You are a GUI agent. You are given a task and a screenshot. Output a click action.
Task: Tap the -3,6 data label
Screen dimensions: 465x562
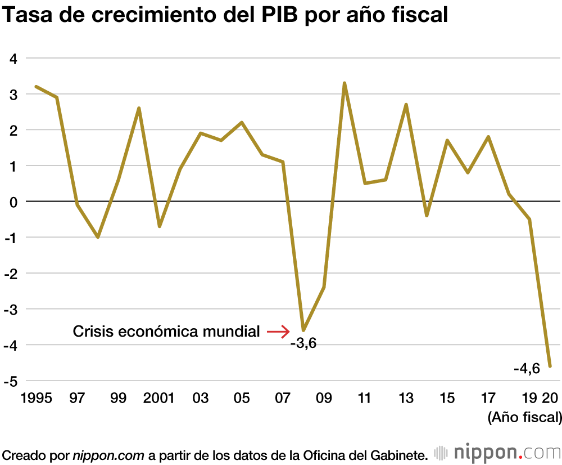(x=303, y=343)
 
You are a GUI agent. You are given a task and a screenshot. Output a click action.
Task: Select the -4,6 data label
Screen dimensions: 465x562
(x=527, y=369)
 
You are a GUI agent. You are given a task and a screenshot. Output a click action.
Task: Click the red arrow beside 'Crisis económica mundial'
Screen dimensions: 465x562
(x=278, y=332)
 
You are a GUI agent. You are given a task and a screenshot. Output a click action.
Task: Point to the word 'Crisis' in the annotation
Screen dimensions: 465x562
(x=92, y=332)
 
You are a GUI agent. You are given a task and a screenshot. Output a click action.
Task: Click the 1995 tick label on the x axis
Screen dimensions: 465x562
(x=35, y=399)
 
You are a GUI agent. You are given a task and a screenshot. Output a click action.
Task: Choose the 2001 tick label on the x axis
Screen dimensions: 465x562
(x=158, y=399)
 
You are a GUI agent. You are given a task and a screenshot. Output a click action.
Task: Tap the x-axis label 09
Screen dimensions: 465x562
(x=324, y=399)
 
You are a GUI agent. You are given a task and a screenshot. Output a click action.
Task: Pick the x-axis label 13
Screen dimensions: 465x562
(x=406, y=399)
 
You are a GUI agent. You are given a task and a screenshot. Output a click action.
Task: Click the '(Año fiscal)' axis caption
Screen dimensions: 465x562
(x=524, y=417)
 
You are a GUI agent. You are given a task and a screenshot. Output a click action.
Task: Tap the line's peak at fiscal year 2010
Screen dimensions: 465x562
(x=345, y=83)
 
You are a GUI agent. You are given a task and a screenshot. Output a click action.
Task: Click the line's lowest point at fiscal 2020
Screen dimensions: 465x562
(x=550, y=366)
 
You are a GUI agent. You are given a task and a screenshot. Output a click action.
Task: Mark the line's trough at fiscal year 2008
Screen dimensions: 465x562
(x=303, y=330)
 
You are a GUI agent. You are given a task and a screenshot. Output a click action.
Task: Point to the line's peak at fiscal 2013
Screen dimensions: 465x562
(x=406, y=105)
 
